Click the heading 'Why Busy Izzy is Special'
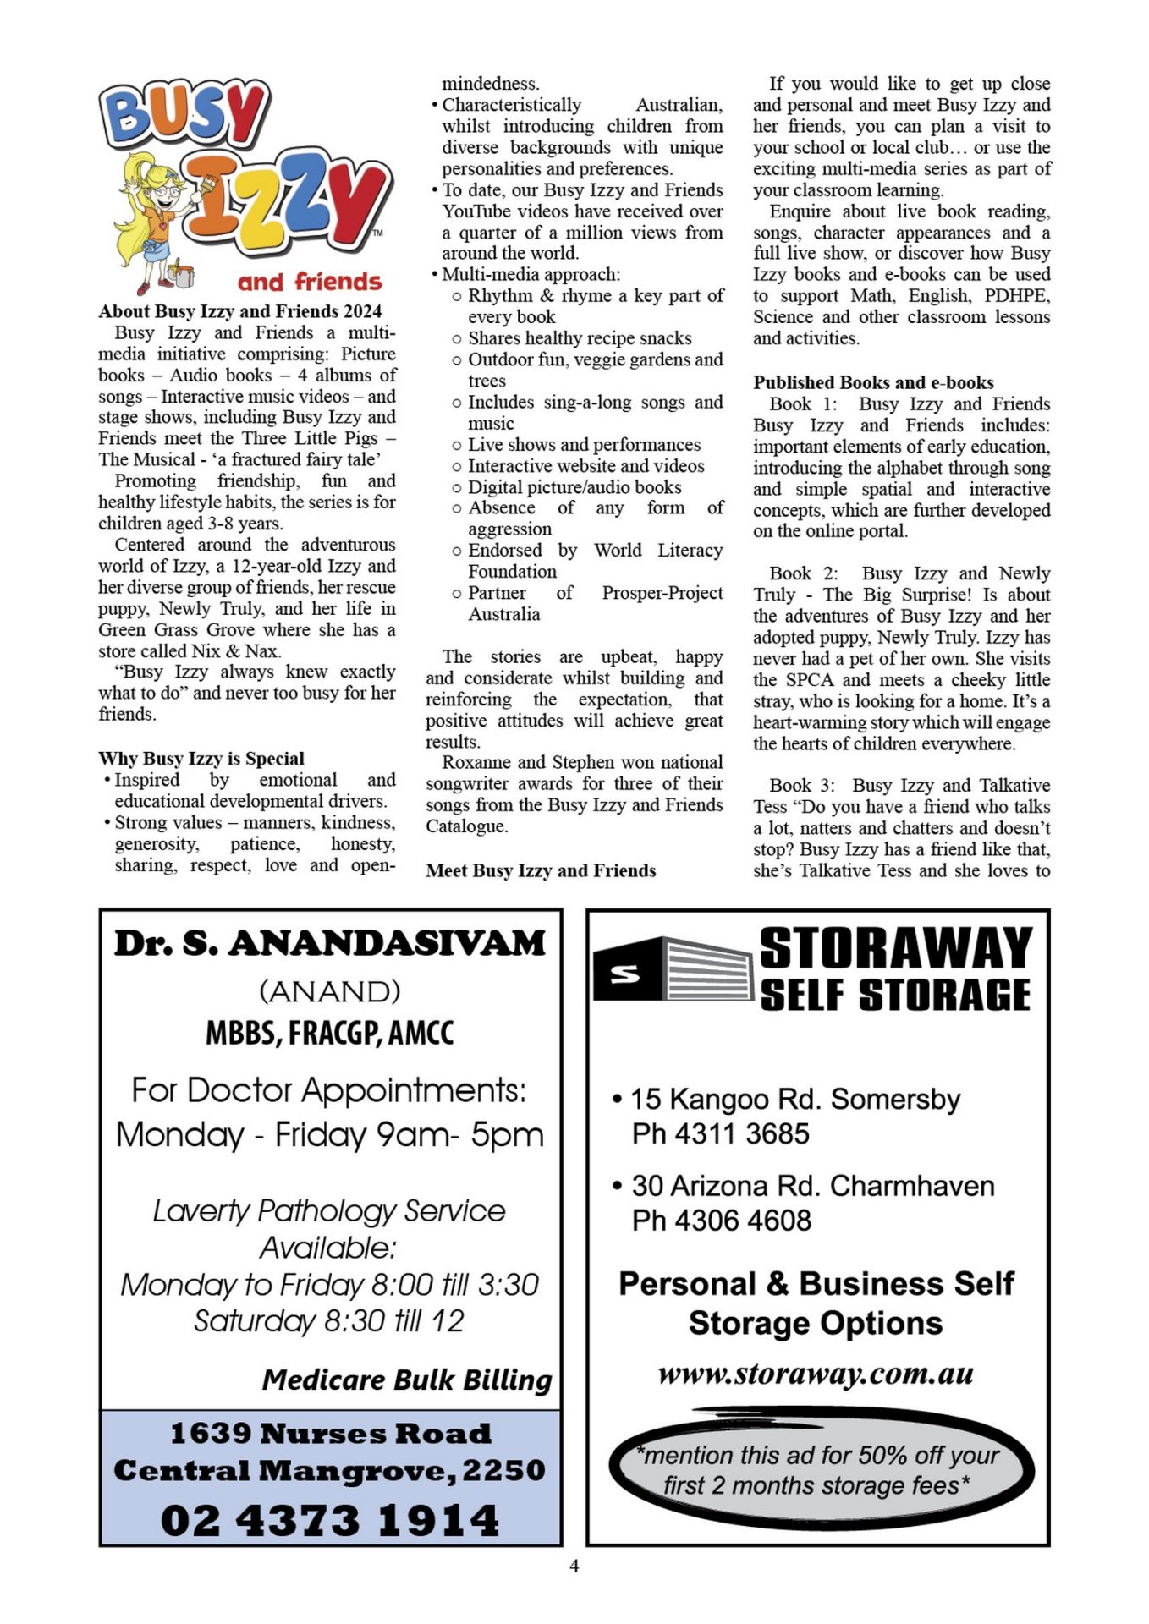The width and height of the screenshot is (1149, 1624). [201, 758]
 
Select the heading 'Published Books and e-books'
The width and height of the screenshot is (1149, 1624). [873, 382]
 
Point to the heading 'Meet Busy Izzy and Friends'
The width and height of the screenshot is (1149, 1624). [541, 870]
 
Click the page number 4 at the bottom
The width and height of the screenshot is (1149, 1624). [574, 1566]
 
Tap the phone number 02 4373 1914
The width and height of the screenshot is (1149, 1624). [330, 1520]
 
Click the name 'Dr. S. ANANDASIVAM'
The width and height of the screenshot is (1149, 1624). [330, 943]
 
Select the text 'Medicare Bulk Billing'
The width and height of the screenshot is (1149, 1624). [406, 1380]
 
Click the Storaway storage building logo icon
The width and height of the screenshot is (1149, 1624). [673, 969]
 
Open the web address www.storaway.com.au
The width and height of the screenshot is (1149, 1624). [816, 1373]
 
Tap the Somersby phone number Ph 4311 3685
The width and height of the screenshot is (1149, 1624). [721, 1133]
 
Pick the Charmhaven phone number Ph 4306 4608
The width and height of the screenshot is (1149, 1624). [722, 1220]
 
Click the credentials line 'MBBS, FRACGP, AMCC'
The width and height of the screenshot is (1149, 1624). [330, 1033]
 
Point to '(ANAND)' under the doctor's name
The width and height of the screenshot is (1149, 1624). [330, 990]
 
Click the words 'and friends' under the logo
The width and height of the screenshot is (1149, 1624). [310, 282]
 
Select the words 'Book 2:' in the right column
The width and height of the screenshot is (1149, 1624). [803, 573]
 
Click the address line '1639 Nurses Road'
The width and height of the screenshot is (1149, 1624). [330, 1433]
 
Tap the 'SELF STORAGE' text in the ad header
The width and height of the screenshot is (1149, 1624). [895, 995]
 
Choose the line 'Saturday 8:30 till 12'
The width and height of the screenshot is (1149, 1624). [329, 1320]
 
